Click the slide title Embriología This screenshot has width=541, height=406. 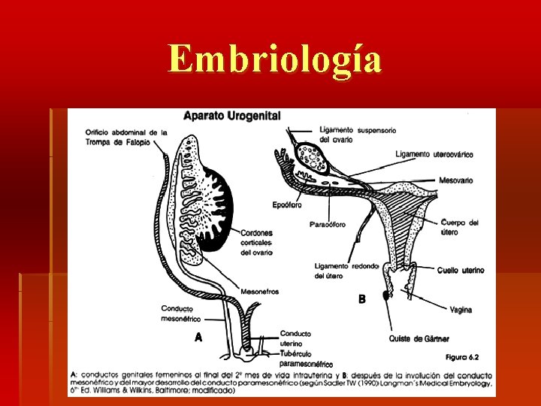coord(275,59)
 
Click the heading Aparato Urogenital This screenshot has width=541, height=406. coord(232,116)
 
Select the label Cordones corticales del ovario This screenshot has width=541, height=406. coord(256,242)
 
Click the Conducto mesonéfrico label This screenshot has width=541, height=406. coord(181,313)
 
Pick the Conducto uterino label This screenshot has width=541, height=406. coord(295,338)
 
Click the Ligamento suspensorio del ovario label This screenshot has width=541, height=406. coord(357,134)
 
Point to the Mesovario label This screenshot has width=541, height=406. coord(456,180)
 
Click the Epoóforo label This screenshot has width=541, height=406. coord(288,205)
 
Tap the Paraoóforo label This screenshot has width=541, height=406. coord(328,224)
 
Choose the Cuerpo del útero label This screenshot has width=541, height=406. coord(459,227)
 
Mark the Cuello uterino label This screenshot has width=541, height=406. coord(460,270)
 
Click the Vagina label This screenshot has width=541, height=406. coord(461,310)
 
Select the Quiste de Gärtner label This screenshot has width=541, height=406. coord(420,339)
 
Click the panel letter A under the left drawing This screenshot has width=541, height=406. coord(198,338)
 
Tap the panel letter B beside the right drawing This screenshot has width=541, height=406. coord(361,298)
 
